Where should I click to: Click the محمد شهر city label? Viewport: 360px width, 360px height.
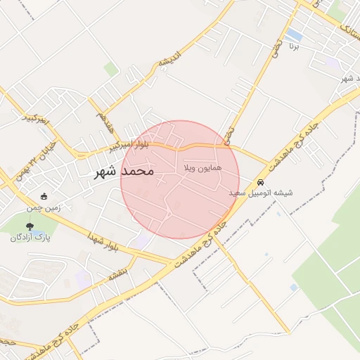(x=124, y=171)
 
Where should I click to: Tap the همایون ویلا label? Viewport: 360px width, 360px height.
(x=202, y=169)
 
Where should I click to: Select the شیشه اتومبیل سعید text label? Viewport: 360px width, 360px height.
(x=261, y=192)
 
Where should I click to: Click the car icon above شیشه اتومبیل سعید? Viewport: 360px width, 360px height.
(x=261, y=181)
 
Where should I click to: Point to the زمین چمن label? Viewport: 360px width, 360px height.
(x=44, y=207)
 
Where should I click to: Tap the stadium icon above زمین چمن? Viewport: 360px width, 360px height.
(x=44, y=197)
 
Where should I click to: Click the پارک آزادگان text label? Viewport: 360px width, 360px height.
(x=30, y=237)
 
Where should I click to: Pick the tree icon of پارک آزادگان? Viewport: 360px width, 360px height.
(x=30, y=226)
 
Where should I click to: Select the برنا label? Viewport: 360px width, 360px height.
(x=295, y=46)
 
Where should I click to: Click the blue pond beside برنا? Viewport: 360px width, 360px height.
(x=294, y=34)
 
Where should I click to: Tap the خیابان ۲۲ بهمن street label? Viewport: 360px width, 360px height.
(x=18, y=156)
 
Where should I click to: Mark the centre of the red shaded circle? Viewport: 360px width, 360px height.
(x=180, y=180)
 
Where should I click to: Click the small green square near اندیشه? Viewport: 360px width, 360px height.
(x=111, y=69)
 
